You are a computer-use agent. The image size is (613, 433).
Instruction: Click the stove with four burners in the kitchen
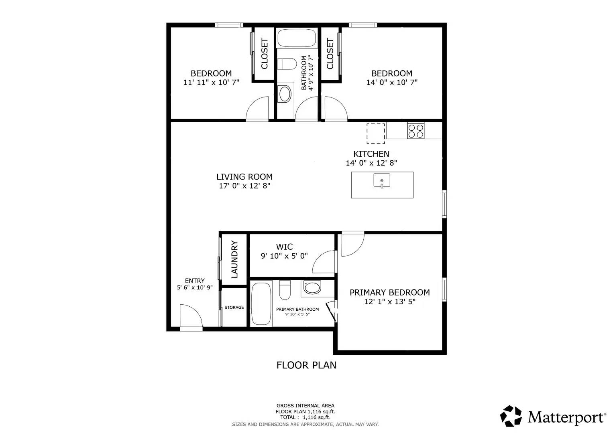[416, 131]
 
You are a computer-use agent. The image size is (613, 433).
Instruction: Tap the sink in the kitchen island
[382, 180]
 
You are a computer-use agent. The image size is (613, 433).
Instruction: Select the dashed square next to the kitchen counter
[376, 134]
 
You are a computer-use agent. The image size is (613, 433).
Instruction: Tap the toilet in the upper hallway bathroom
[287, 64]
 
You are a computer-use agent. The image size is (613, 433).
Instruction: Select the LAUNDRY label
[234, 259]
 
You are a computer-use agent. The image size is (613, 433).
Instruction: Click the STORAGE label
[234, 308]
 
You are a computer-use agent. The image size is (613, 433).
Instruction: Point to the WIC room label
[284, 247]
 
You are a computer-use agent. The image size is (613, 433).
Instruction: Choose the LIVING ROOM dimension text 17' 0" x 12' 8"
[244, 186]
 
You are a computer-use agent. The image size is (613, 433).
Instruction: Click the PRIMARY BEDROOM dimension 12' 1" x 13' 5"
[389, 302]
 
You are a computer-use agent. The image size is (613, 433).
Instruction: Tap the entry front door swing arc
[191, 316]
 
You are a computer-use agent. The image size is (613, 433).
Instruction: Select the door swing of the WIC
[324, 262]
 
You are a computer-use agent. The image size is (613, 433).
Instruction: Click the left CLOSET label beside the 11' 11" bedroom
[265, 54]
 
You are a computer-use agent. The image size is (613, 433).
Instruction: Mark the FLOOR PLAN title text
[306, 365]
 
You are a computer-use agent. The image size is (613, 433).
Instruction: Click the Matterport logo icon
[511, 416]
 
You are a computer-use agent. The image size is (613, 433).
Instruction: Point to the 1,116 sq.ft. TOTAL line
[305, 417]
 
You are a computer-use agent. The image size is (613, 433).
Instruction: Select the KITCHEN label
[371, 154]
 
